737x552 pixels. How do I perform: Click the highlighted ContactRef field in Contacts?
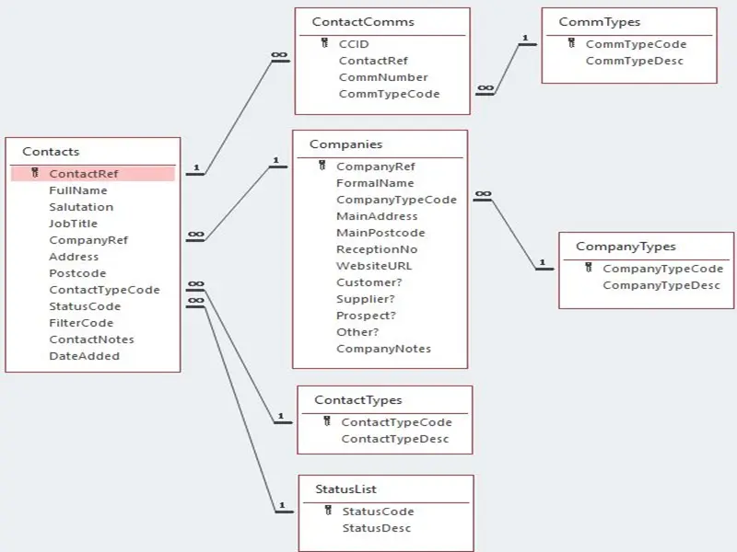83,174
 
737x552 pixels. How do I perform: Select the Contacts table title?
51,152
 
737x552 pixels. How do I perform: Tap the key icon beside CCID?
324,43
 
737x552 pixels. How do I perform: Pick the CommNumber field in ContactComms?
383,77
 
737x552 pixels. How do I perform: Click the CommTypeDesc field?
634,61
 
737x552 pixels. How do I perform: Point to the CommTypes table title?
600,22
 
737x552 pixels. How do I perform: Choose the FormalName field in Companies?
375,183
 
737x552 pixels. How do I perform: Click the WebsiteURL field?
374,266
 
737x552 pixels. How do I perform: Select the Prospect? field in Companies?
366,316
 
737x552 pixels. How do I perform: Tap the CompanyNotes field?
383,349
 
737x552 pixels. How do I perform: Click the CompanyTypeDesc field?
661,285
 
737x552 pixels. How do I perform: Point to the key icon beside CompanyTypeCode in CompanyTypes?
589,268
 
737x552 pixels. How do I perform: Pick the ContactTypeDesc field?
395,439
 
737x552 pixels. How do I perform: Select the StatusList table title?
346,489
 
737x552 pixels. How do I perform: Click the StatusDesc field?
377,528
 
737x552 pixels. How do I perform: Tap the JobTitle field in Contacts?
73,224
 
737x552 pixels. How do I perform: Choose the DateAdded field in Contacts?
84,356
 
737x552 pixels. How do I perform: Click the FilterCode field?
81,323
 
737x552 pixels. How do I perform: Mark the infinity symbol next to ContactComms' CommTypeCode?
485,88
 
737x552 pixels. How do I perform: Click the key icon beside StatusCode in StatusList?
328,511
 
